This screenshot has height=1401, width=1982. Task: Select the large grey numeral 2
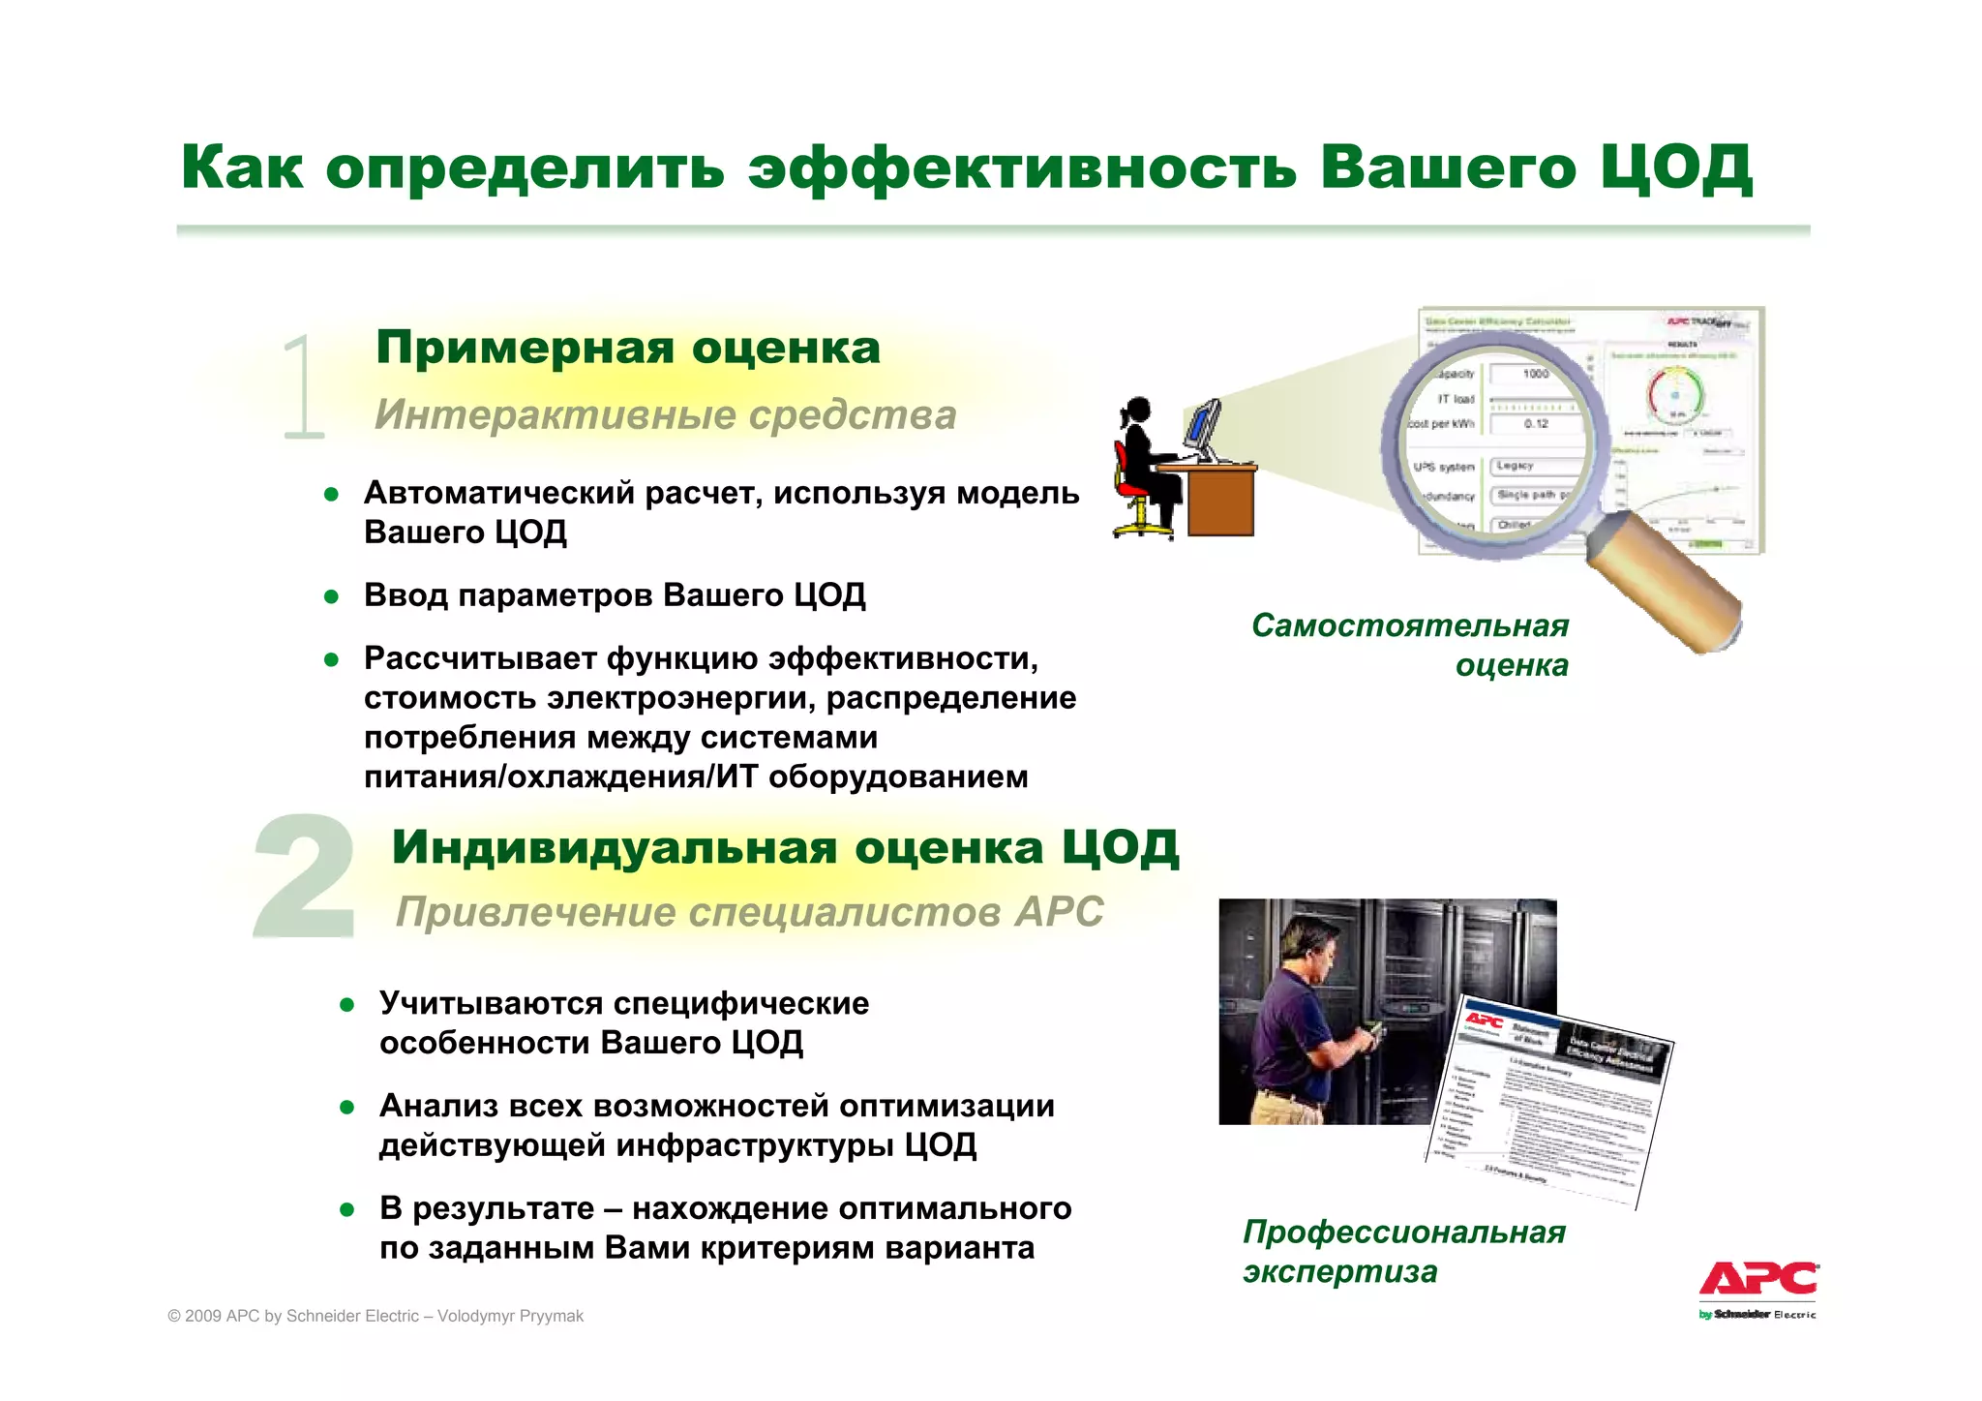[x=303, y=877]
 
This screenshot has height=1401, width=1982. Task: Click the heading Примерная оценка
[x=628, y=348]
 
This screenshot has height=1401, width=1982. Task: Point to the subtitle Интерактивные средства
[x=665, y=415]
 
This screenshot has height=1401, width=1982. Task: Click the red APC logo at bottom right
[x=1758, y=1280]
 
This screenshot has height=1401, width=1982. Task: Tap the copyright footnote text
[x=375, y=1316]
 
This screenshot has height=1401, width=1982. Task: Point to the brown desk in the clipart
[x=1219, y=500]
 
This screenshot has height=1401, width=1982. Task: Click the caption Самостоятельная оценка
[x=1410, y=645]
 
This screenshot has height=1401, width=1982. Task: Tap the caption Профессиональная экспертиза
[x=1403, y=1251]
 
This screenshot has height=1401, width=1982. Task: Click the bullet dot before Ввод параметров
[x=331, y=596]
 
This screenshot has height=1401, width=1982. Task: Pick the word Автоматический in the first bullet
[x=499, y=494]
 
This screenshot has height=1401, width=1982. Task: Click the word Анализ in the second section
[x=438, y=1106]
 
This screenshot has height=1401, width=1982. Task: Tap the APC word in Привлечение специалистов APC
[x=1060, y=912]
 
